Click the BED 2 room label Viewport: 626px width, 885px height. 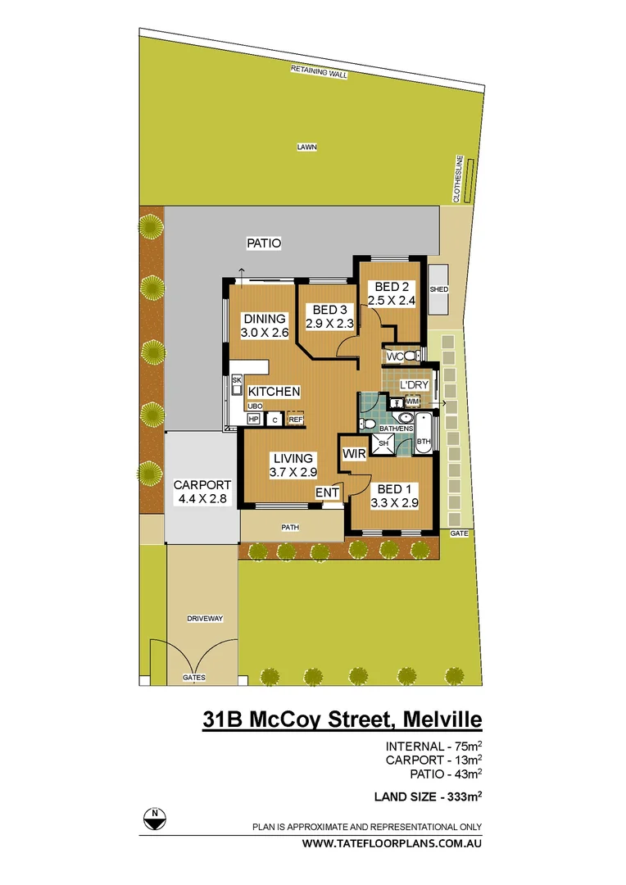tap(392, 287)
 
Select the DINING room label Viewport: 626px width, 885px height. tap(263, 319)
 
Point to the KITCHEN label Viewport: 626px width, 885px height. tap(274, 392)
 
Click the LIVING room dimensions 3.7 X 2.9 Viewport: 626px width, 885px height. tap(292, 473)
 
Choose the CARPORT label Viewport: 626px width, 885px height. tap(202, 484)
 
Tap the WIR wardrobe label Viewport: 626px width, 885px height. tap(354, 453)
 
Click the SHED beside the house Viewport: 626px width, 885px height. tap(438, 289)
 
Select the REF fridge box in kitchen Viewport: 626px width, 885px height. tap(295, 420)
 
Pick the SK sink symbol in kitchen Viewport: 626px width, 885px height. tap(237, 381)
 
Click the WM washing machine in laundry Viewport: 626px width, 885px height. tap(412, 402)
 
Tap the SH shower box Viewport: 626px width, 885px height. tap(383, 443)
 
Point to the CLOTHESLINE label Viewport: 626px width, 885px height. tap(459, 178)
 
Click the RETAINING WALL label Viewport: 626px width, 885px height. tap(319, 72)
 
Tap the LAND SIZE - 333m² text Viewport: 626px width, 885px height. tap(427, 795)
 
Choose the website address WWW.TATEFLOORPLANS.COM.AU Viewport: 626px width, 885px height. tap(392, 843)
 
